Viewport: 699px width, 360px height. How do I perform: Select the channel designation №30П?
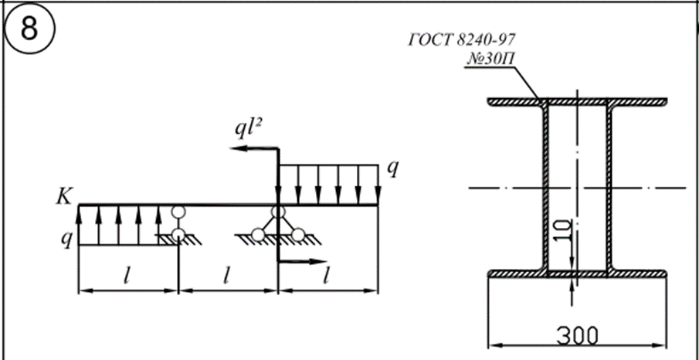[490, 59]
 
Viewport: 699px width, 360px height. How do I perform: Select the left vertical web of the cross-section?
[545, 187]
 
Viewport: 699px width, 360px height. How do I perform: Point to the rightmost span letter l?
[328, 275]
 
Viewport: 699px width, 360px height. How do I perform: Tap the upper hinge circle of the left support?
[178, 212]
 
